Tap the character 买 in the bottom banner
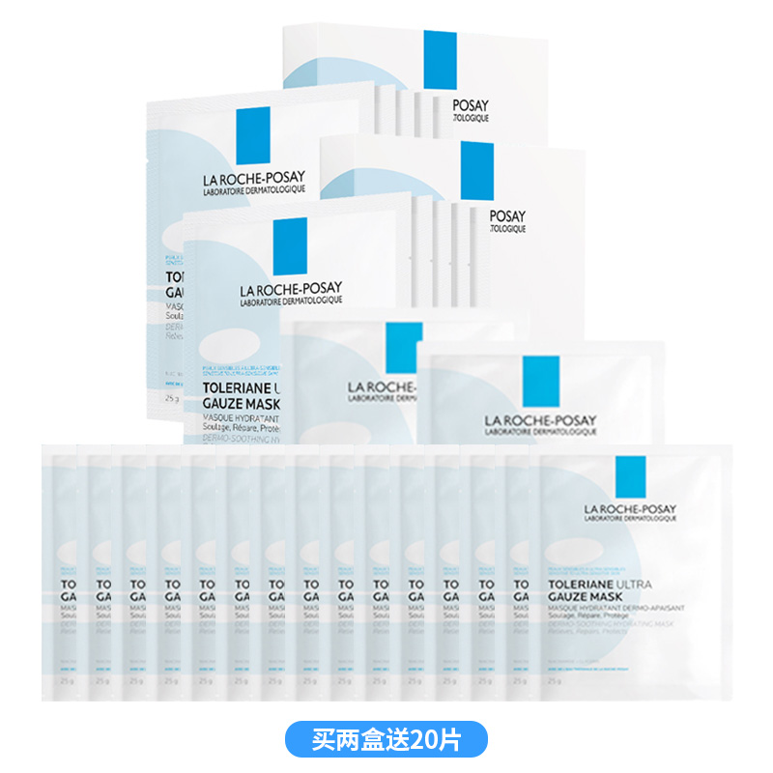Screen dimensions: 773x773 [x=324, y=740]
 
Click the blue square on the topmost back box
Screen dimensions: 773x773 [x=440, y=60]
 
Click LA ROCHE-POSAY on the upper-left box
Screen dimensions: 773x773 [x=252, y=177]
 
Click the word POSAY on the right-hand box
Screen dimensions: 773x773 [x=508, y=216]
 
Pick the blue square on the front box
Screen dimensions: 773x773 [x=290, y=246]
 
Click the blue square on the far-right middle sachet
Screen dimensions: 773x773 [x=541, y=382]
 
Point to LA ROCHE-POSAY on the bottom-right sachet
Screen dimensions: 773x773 [x=629, y=510]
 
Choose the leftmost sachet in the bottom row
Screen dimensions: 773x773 [x=62, y=570]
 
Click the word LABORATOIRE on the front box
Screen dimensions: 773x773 [x=267, y=301]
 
